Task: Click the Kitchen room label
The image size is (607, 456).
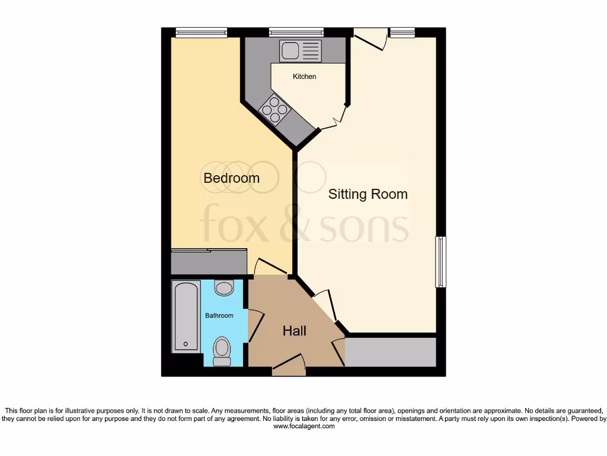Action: (304, 77)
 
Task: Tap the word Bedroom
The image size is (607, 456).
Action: (231, 178)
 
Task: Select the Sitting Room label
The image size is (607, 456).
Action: (368, 194)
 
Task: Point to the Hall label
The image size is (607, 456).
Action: (294, 331)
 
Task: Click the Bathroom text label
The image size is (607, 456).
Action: (219, 316)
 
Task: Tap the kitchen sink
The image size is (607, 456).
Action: (300, 51)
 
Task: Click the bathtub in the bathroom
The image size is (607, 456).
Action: (186, 317)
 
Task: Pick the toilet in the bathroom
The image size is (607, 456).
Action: (222, 351)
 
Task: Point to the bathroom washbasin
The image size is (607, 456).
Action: (223, 288)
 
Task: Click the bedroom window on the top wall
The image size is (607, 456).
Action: (202, 33)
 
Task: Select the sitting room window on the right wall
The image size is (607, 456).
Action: (440, 262)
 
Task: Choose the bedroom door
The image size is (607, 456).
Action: (271, 267)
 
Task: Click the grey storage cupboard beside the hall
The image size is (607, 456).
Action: (391, 352)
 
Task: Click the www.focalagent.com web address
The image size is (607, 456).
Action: (303, 426)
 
